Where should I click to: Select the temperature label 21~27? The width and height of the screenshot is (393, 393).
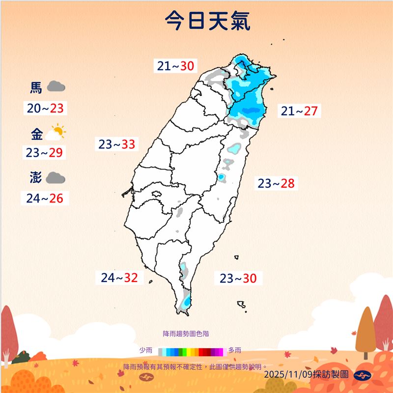tap(299, 111)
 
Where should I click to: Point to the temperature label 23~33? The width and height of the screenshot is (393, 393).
tap(116, 144)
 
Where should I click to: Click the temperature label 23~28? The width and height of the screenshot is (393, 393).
tap(276, 184)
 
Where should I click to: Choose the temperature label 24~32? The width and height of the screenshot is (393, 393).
tap(119, 278)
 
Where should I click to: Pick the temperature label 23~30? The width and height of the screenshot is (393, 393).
tap(238, 279)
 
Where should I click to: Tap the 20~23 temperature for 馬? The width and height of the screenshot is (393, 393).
tap(46, 109)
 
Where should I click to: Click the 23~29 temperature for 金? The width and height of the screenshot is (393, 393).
tap(44, 153)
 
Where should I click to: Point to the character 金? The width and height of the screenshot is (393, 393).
tap(36, 134)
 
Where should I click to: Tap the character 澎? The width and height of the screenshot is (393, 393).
tap(36, 178)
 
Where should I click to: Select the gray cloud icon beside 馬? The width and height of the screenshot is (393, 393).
tap(56, 87)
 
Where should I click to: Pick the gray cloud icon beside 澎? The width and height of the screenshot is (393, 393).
tap(56, 178)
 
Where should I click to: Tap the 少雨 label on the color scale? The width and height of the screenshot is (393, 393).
tap(145, 350)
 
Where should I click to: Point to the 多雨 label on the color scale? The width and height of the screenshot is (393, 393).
tap(234, 350)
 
